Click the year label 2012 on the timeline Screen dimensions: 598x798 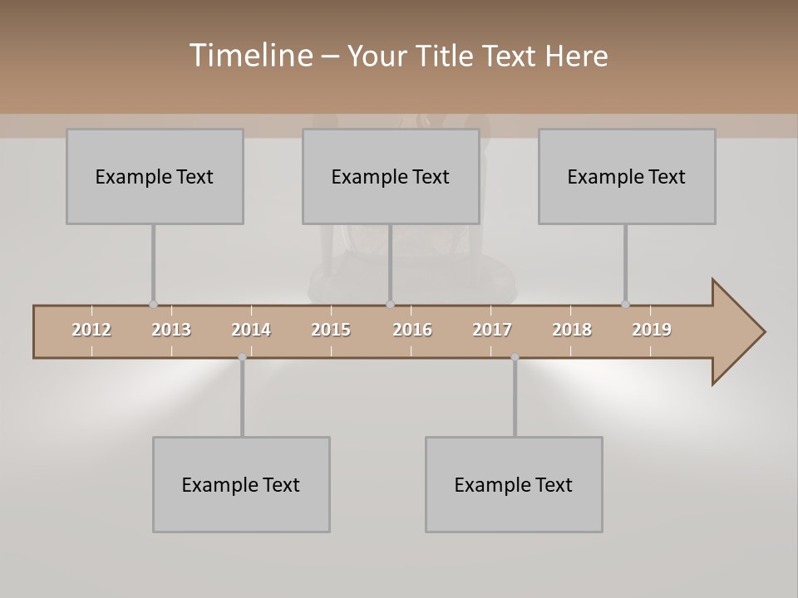coord(91,330)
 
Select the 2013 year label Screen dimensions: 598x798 coord(171,330)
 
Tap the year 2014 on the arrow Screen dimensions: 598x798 coord(251,330)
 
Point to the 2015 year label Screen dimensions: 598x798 coord(331,330)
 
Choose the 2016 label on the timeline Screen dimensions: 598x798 coord(412,330)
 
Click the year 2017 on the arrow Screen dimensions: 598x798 coord(492,330)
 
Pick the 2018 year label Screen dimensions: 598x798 coord(572,330)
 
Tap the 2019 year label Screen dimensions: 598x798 coord(652,330)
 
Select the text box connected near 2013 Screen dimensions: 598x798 coord(155,176)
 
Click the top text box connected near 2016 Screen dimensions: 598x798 coord(391,176)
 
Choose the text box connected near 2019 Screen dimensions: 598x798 coord(627,176)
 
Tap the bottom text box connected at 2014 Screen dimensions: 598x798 coord(241,484)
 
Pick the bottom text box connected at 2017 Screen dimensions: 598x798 coord(514,484)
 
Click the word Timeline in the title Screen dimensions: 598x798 coord(249,56)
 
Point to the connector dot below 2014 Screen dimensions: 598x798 coord(242,357)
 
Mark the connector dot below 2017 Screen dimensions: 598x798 coord(515,357)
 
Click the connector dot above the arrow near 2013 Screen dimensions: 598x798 coord(153,304)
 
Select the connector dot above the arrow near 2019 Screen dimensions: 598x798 coord(625,304)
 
